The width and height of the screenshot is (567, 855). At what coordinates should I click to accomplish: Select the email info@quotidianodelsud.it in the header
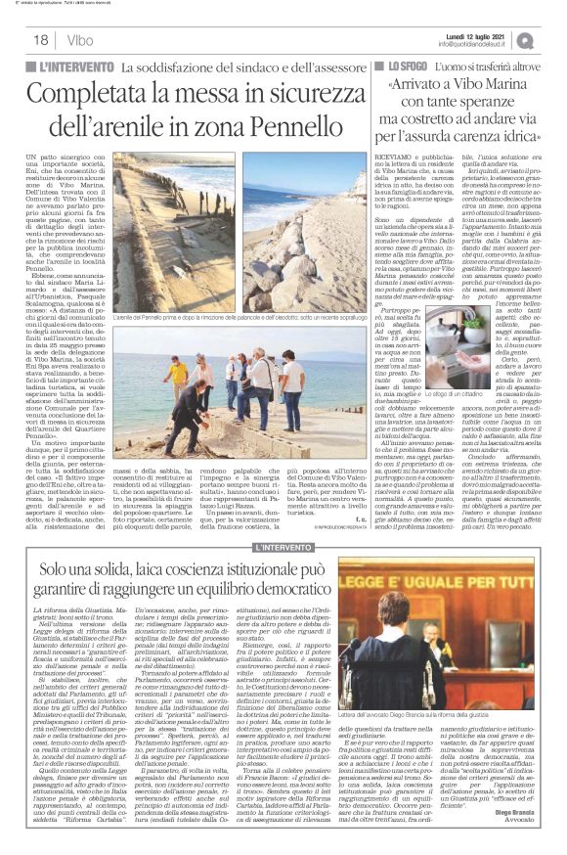[477, 44]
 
